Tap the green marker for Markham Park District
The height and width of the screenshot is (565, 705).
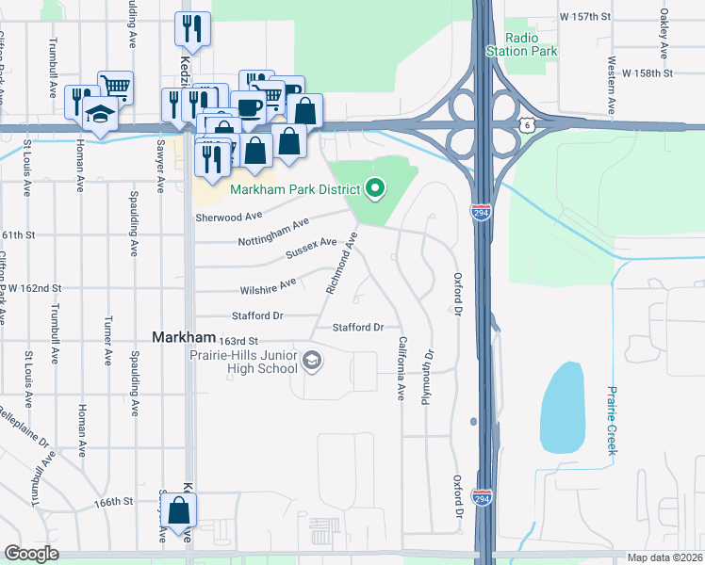[x=375, y=189]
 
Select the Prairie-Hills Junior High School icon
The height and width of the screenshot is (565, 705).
[x=312, y=360]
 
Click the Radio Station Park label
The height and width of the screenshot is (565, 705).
[x=521, y=44]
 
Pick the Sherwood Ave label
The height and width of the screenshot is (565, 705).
[x=228, y=216]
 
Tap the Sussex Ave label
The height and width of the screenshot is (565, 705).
[x=310, y=249]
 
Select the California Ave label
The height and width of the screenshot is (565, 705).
[x=402, y=368]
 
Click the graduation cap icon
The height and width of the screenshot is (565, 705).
[x=99, y=112]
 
